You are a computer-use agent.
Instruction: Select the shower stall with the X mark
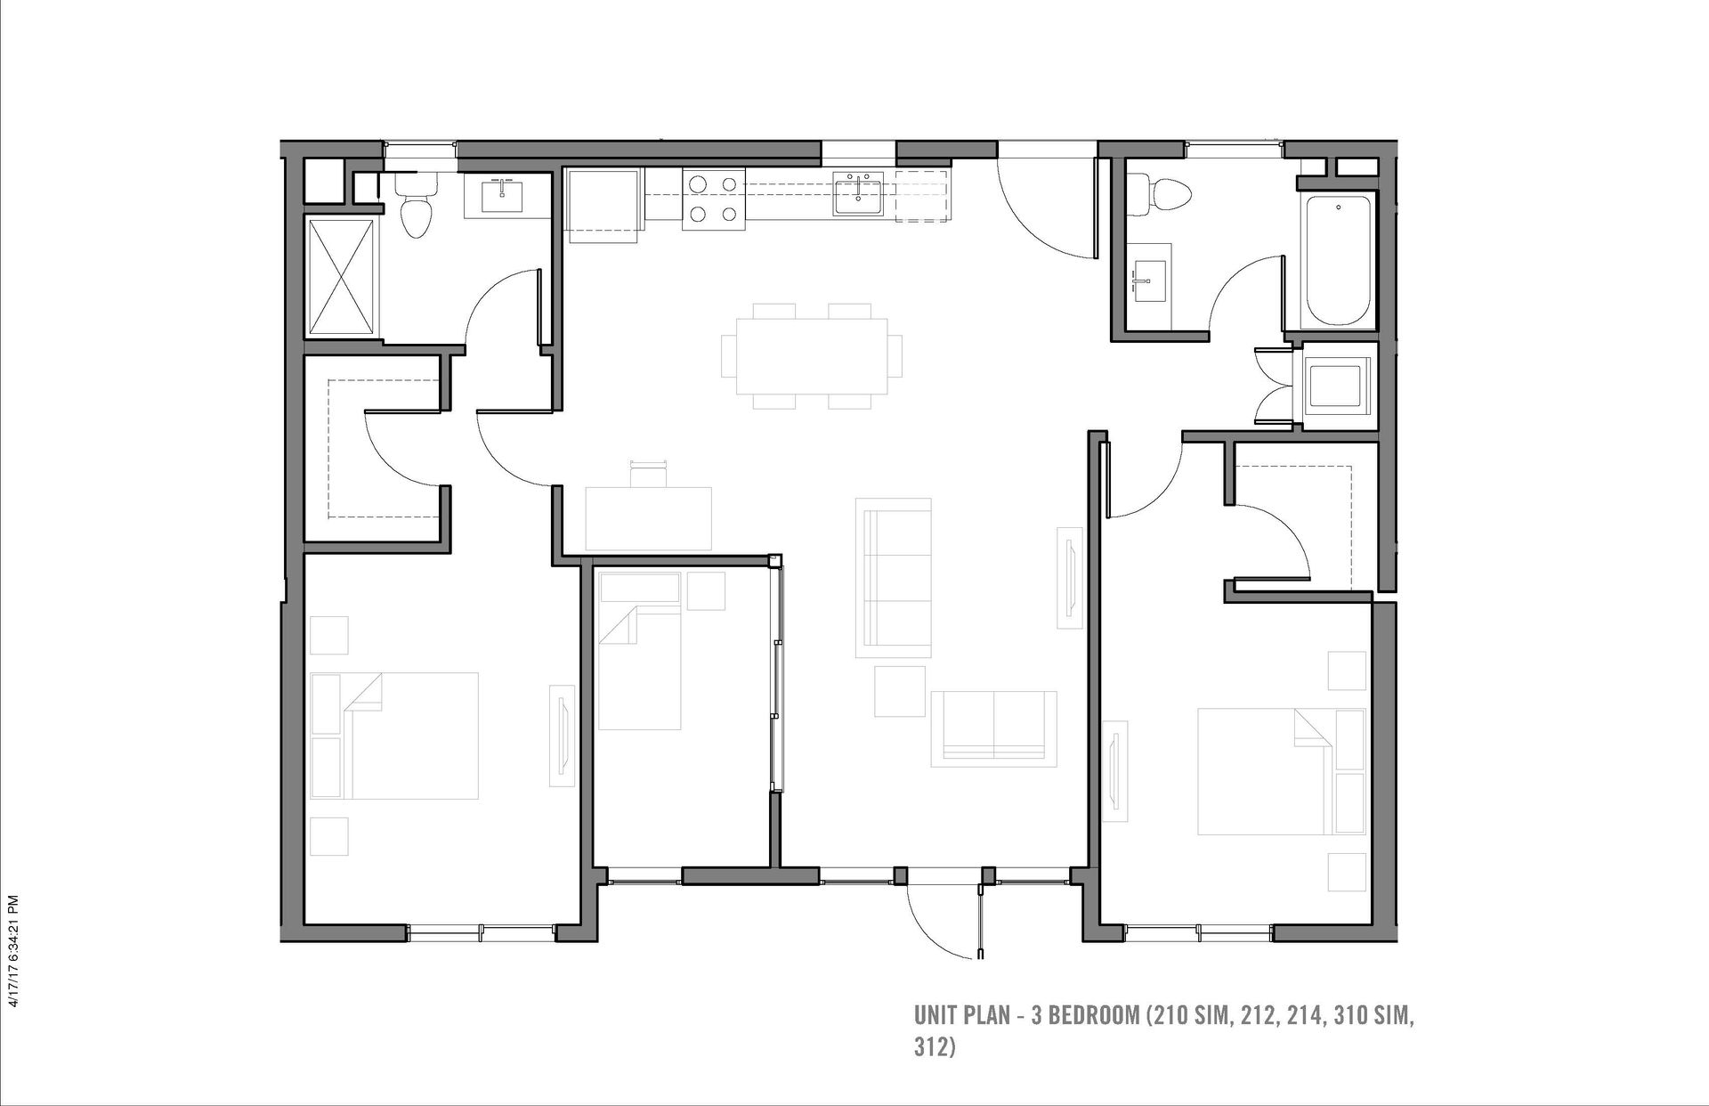point(343,276)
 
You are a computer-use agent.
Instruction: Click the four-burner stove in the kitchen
point(712,199)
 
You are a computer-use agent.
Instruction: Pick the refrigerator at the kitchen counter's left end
point(603,205)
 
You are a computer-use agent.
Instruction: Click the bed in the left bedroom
point(394,736)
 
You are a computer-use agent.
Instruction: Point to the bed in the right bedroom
point(1281,771)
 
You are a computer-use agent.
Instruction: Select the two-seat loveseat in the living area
point(993,728)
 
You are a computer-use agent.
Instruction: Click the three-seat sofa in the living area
point(894,578)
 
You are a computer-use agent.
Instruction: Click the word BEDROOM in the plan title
point(1094,1015)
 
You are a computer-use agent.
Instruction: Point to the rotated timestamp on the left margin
point(12,951)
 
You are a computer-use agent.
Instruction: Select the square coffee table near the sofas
point(900,692)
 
